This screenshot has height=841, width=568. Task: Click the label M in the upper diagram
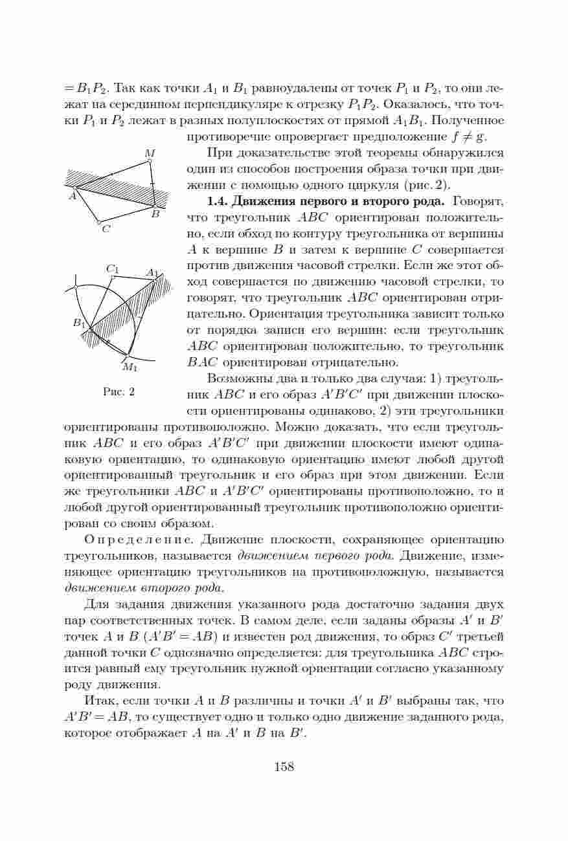click(150, 153)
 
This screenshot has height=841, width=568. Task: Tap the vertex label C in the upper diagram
click(106, 229)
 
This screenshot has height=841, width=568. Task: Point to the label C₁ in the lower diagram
click(112, 268)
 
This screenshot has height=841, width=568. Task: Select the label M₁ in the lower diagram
click(130, 368)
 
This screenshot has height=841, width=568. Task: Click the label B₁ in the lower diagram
click(79, 322)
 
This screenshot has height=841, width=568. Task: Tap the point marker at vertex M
click(150, 162)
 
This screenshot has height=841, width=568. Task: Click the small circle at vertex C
click(99, 222)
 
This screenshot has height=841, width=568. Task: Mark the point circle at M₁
click(128, 356)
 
